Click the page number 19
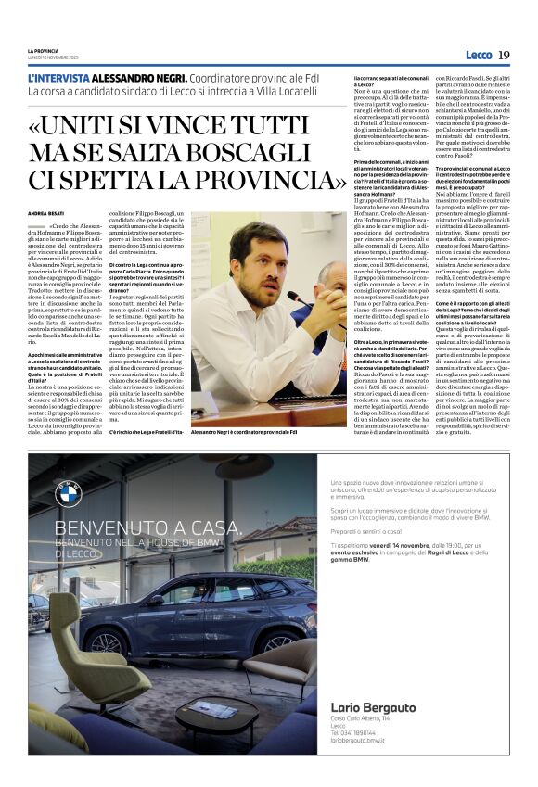tap(504, 55)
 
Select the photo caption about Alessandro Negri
tap(244, 432)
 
